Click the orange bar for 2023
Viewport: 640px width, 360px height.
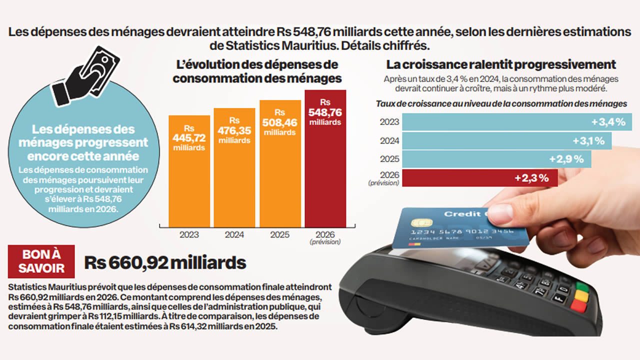click(189, 171)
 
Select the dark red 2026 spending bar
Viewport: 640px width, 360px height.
click(325, 158)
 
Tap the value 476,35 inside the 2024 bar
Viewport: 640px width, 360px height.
click(234, 131)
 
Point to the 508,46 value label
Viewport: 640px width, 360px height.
click(279, 123)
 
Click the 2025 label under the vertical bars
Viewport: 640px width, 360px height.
click(279, 235)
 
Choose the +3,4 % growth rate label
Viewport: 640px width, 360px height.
click(608, 122)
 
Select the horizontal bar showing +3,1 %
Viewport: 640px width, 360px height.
click(507, 141)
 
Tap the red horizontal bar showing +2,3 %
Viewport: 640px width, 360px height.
click(480, 178)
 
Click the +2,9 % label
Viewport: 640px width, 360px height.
click(566, 159)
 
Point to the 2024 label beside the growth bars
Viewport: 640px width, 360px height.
click(389, 141)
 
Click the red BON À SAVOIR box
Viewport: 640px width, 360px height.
click(41, 261)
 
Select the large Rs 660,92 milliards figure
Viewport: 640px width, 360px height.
click(165, 262)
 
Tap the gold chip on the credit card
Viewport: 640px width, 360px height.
click(421, 222)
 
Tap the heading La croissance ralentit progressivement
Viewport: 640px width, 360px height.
click(501, 64)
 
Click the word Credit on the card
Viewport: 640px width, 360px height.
click(462, 214)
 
